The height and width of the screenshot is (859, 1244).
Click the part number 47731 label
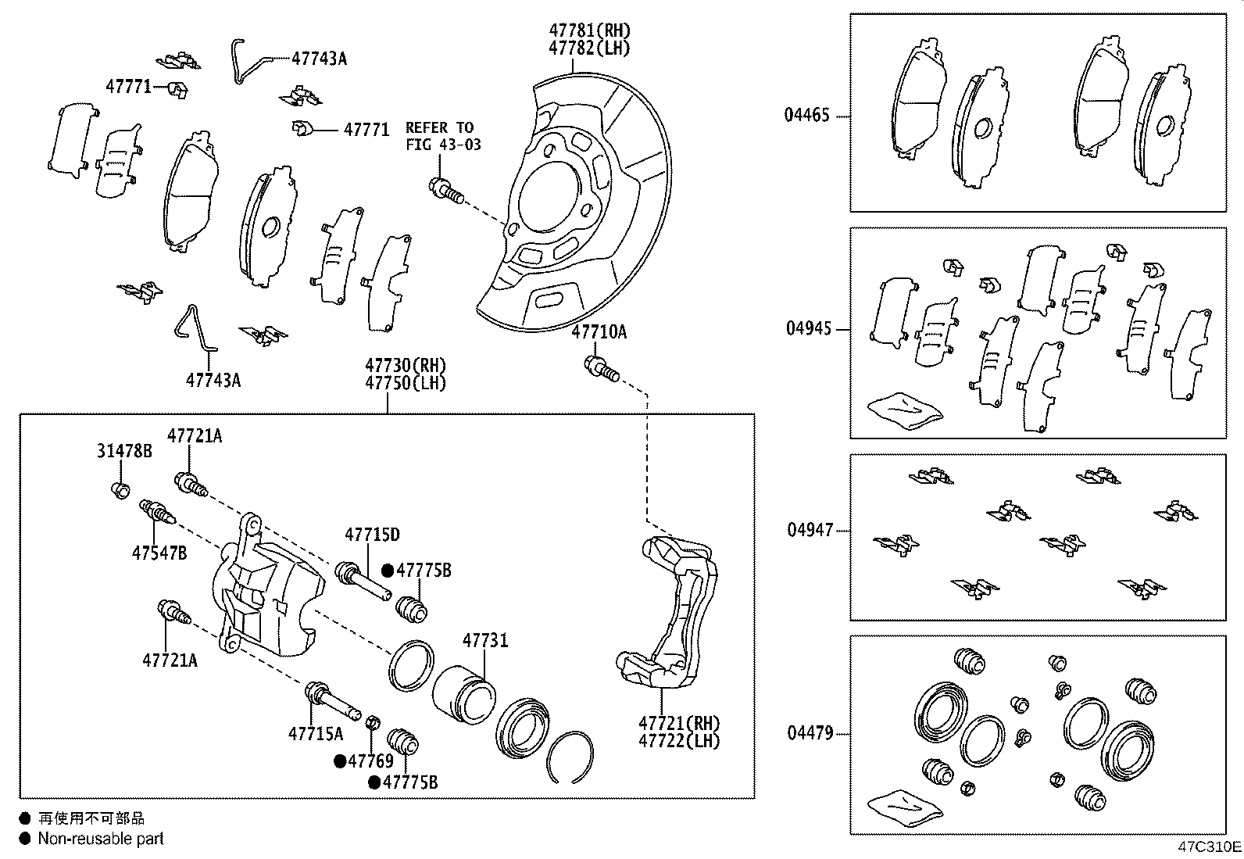point(485,640)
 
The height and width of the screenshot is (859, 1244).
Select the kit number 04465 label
point(807,116)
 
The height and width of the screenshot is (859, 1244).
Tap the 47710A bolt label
point(599,332)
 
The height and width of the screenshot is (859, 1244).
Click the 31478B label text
point(124,451)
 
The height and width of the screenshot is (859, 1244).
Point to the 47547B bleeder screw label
point(159,553)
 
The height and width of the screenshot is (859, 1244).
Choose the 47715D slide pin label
point(372,535)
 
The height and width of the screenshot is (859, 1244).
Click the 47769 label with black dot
point(370,761)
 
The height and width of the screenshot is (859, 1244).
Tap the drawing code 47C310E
point(1209,846)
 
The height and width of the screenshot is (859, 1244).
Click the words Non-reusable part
point(102,839)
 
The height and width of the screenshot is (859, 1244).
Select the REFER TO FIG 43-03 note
point(442,136)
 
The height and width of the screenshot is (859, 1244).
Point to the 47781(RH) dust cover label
point(589,30)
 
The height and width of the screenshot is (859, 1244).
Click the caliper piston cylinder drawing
point(463,693)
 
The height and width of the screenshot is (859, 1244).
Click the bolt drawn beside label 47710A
point(602,369)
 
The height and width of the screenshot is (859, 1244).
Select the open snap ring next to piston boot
point(570,757)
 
